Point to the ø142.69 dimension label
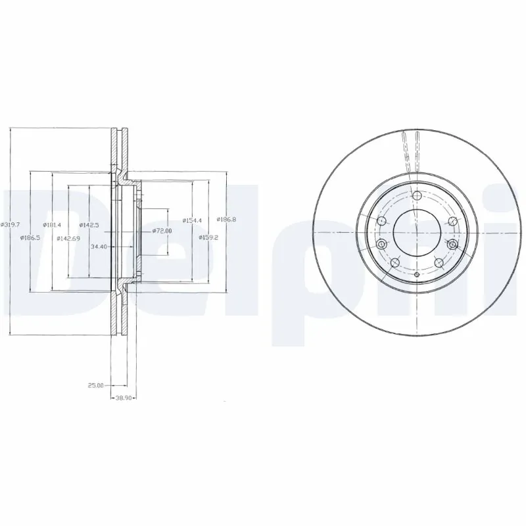pos(68,238)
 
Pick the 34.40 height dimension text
pos(100,247)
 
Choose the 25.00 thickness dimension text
pos(97,385)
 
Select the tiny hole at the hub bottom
pos(417,273)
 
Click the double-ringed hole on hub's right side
pos(452,245)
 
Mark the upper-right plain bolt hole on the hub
pos(451,222)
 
